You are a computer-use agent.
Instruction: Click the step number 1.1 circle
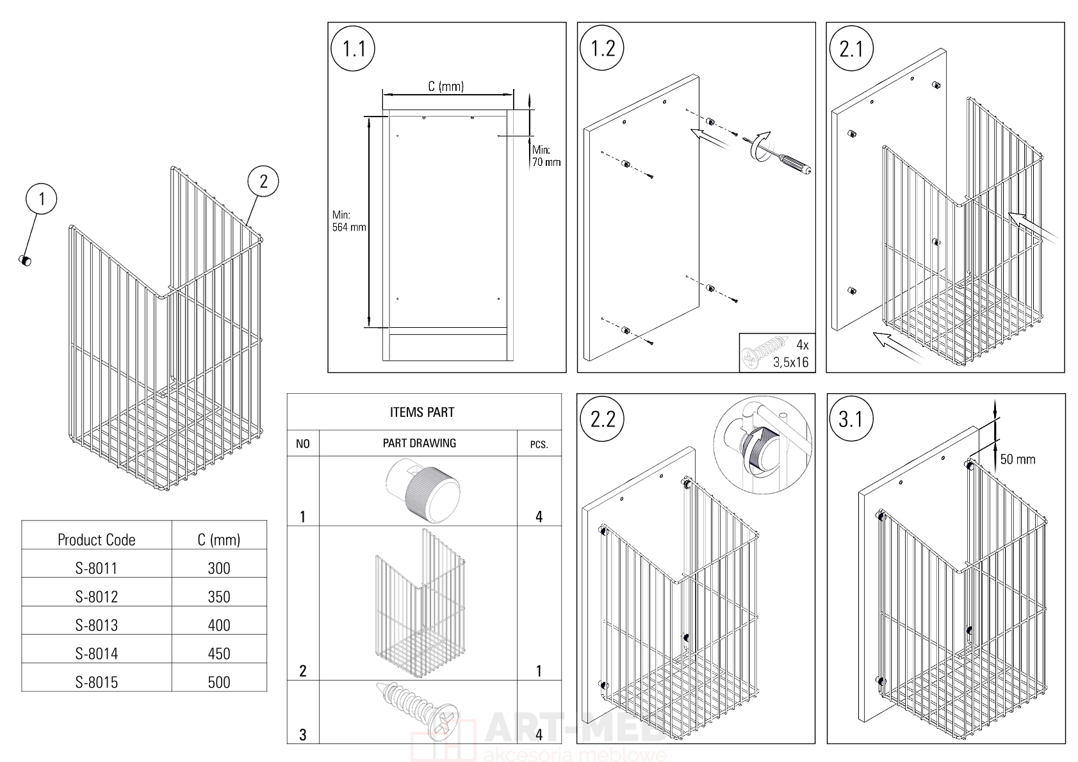pyautogui.click(x=354, y=49)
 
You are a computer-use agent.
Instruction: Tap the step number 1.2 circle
pyautogui.click(x=603, y=49)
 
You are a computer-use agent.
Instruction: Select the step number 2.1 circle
pyautogui.click(x=851, y=49)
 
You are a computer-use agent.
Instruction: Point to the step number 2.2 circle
pyautogui.click(x=602, y=419)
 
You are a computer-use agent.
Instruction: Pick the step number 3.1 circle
pyautogui.click(x=851, y=419)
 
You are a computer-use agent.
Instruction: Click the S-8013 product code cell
pyautogui.click(x=97, y=625)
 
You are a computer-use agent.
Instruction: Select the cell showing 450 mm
pyautogui.click(x=219, y=653)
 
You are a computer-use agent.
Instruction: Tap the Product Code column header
pyautogui.click(x=97, y=539)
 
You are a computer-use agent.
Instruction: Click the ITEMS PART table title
pyautogui.click(x=422, y=412)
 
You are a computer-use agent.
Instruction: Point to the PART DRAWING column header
pyautogui.click(x=420, y=442)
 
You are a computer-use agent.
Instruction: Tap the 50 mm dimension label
pyautogui.click(x=1017, y=459)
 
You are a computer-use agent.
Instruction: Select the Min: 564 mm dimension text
pyautogui.click(x=348, y=221)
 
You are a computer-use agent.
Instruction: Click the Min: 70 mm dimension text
pyautogui.click(x=546, y=156)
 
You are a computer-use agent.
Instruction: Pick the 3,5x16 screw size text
pyautogui.click(x=791, y=362)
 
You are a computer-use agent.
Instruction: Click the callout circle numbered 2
pyautogui.click(x=263, y=181)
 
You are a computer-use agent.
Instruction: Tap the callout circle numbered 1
pyautogui.click(x=42, y=199)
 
